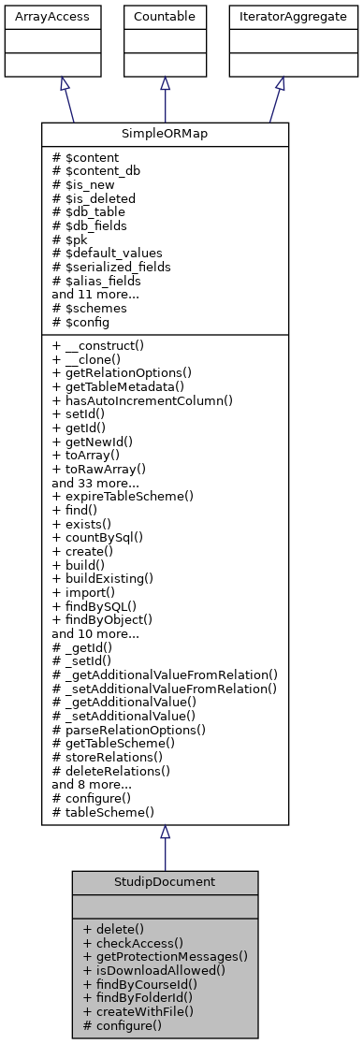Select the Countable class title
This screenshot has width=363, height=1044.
tap(165, 16)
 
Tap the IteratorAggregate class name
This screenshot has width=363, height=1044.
tap(280, 16)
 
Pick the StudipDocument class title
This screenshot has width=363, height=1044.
tap(165, 882)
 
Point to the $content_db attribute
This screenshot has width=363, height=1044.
tap(97, 170)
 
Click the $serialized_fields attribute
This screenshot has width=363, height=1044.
tap(110, 266)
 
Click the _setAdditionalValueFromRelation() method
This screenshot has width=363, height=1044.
tap(166, 688)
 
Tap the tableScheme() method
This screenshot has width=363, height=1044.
tap(103, 812)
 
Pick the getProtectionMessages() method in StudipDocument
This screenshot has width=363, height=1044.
tap(165, 956)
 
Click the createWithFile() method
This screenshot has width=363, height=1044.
tap(138, 1011)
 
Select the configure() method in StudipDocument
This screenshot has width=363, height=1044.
tap(122, 1025)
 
